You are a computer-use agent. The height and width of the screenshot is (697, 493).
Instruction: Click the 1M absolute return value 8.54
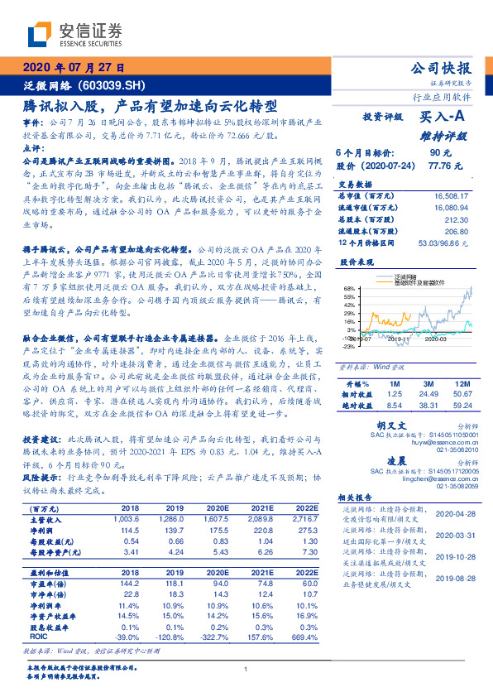click(394, 382)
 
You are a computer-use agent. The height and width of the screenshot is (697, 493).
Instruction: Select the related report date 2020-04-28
click(452, 513)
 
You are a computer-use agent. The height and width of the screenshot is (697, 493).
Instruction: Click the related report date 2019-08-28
click(452, 578)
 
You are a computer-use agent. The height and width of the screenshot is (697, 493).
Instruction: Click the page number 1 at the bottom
click(247, 669)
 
